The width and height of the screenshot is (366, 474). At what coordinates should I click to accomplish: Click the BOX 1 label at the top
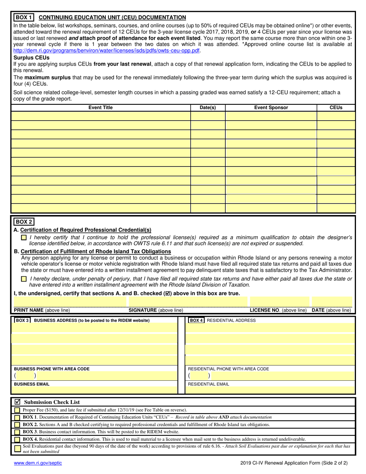[x=24, y=17]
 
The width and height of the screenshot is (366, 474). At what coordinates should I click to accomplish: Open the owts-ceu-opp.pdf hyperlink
[x=107, y=50]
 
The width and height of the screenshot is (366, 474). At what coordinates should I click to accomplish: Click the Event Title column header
[x=101, y=108]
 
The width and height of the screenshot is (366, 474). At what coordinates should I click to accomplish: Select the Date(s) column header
[x=208, y=108]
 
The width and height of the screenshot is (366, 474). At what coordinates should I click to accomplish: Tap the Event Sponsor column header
[x=271, y=108]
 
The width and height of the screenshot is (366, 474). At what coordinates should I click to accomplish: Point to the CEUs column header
[x=336, y=108]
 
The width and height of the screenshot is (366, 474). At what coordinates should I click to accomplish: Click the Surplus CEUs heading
[x=31, y=58]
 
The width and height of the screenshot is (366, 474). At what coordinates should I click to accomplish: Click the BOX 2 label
[x=24, y=222]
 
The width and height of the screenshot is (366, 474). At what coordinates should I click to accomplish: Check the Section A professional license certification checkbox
[x=24, y=238]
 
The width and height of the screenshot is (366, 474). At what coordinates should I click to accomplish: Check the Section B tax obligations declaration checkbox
[x=24, y=279]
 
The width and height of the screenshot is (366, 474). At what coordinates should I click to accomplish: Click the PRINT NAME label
[x=29, y=310]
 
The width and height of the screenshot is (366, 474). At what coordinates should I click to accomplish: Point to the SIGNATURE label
[x=143, y=310]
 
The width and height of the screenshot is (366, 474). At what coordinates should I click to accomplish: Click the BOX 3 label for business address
[x=22, y=320]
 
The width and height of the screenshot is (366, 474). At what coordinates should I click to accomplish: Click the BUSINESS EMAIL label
[x=32, y=384]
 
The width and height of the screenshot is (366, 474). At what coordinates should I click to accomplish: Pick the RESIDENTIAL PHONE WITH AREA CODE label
[x=228, y=369]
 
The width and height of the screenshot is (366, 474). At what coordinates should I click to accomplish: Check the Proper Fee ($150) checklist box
[x=17, y=410]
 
